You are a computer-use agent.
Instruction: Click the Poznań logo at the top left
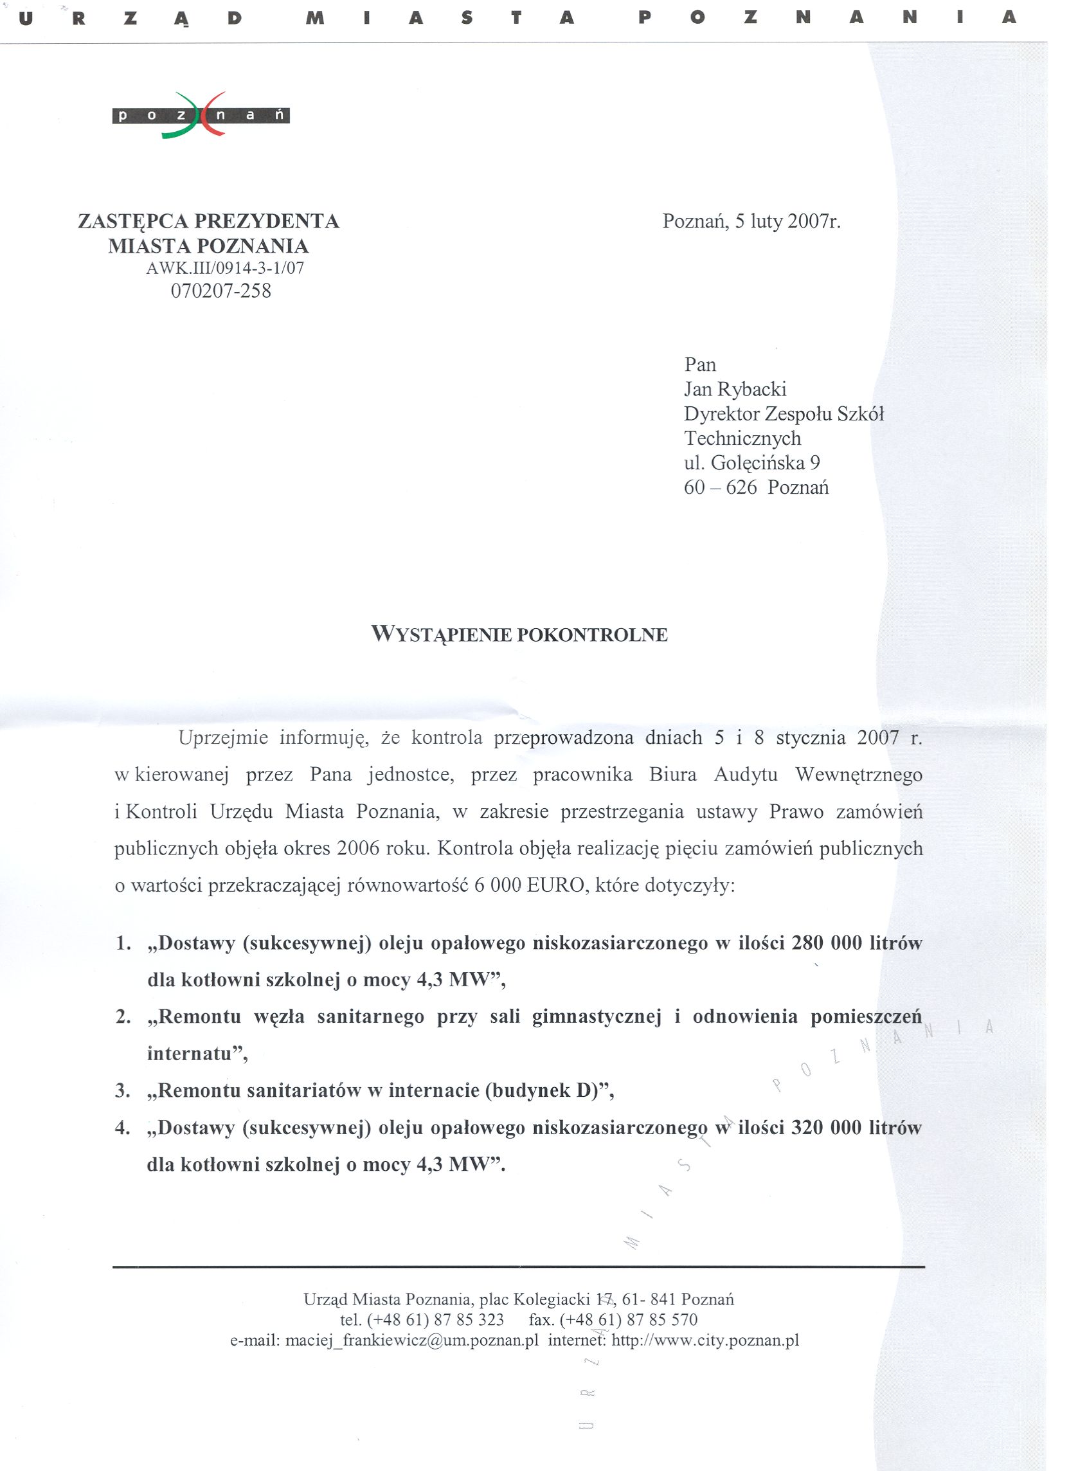pos(201,115)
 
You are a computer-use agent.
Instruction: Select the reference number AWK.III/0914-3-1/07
pos(225,268)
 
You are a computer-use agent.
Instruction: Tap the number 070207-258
pos(221,291)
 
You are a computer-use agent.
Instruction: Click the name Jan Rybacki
pos(735,389)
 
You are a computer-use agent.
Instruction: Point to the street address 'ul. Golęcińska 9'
pos(751,463)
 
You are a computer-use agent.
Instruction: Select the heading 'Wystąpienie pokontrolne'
pos(519,635)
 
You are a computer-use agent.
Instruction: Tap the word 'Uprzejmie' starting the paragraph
pos(223,738)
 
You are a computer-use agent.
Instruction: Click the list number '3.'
pos(122,1091)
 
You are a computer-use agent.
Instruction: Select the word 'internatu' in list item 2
pos(190,1054)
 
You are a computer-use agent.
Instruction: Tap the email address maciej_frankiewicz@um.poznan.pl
pos(412,1340)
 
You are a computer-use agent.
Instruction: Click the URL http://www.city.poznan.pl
pos(705,1340)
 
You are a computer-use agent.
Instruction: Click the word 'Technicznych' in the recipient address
pos(742,438)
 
